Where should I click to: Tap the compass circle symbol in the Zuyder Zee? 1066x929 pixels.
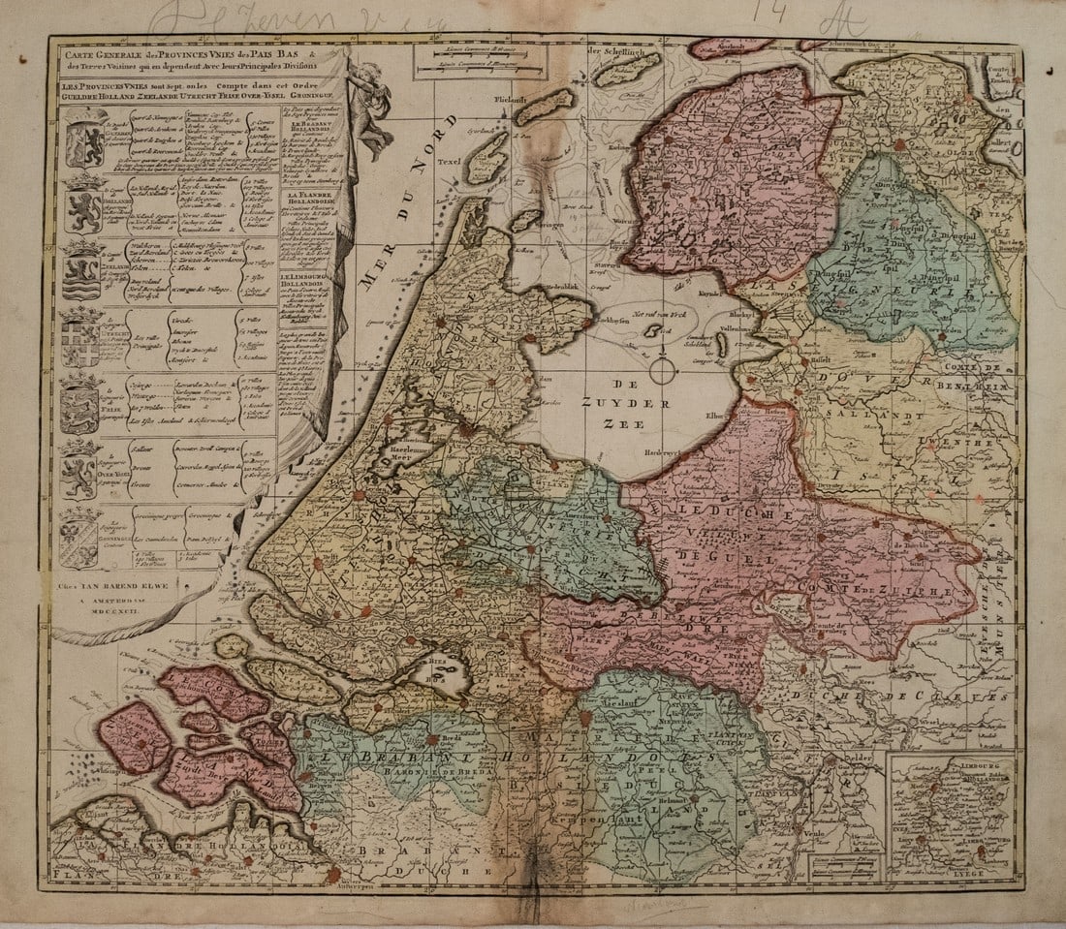click(x=662, y=370)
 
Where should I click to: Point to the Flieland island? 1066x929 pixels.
click(x=571, y=107)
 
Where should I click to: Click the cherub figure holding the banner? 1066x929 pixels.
click(x=369, y=107)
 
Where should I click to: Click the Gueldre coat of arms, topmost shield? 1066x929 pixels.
click(x=86, y=142)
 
